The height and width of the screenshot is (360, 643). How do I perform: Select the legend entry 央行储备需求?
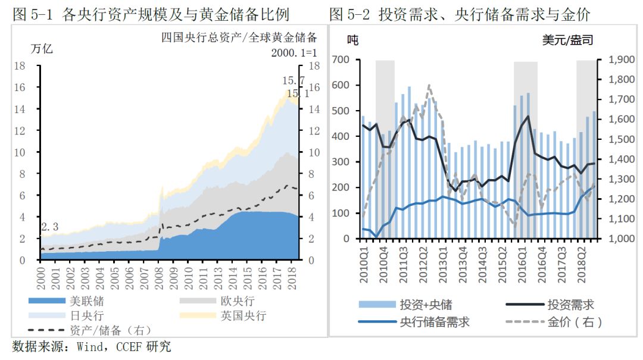434,322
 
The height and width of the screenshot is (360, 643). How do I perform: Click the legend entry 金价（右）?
575,322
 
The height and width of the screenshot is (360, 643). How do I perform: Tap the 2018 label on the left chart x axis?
292,277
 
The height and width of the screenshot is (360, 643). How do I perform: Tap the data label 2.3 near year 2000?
50,227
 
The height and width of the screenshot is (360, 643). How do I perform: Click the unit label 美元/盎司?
567,40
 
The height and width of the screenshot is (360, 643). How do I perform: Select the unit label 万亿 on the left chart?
42,48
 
